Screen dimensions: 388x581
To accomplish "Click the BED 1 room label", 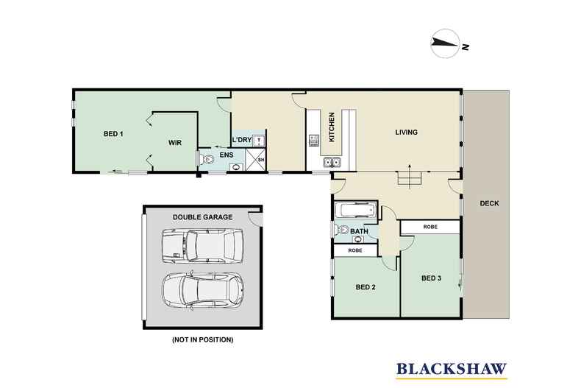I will pos(113,133).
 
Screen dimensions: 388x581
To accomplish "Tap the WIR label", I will pos(175,142).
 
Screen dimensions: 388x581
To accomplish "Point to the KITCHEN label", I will pos(332,127).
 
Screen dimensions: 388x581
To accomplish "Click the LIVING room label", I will pos(406,133).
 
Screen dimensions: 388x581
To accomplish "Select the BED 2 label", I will pos(366,286).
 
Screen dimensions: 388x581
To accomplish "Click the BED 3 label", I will pos(431,278).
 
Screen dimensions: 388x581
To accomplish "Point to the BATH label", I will pos(359,232).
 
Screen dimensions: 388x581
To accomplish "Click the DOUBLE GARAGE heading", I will pos(202,217).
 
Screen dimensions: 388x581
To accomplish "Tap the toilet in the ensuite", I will pos(207,159).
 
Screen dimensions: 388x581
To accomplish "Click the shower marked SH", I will pos(259,159).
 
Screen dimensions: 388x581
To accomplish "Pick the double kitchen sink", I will pos(331,162).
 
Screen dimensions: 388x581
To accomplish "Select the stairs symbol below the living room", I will pos(407,177).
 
